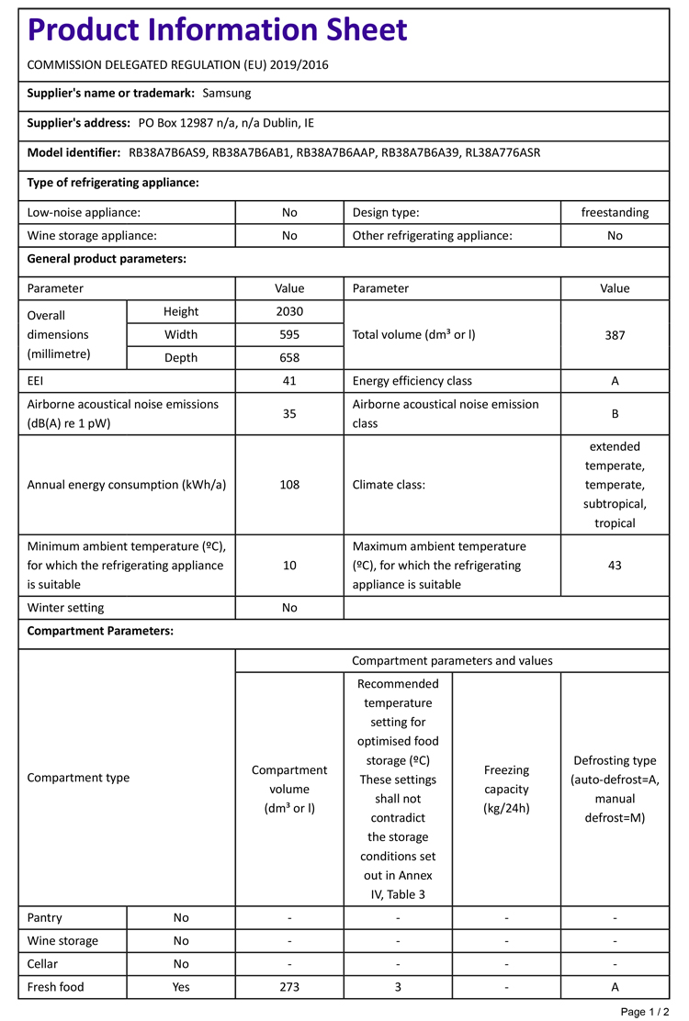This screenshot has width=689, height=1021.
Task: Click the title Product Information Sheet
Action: pos(217,30)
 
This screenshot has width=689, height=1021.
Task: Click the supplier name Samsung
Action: pos(226,93)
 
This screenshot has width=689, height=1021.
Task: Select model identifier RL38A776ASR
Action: pos(503,152)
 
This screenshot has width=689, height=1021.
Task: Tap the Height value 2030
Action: pos(289,311)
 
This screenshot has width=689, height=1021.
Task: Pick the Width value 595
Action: pos(289,334)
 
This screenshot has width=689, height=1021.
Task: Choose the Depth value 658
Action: pos(289,358)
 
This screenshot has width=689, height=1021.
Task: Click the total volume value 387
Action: pos(615,335)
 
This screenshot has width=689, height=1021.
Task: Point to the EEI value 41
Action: pos(289,381)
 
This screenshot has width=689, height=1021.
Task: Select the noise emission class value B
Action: pos(615,414)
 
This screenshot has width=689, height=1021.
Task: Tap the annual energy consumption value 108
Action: pos(289,485)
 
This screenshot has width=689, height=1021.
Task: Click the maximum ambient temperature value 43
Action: pos(615,566)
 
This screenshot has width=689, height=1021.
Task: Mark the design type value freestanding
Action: pos(615,212)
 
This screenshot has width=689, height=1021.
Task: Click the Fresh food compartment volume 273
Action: pos(289,987)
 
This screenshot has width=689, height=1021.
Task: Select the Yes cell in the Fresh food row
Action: pos(181,987)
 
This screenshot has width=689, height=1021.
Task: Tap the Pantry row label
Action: pos(45,917)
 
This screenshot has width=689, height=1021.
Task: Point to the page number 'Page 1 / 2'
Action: pos(645,1012)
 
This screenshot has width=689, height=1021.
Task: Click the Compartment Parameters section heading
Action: pos(100,631)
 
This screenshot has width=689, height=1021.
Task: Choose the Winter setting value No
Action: pos(289,607)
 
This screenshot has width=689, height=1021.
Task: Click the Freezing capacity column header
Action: pos(506,789)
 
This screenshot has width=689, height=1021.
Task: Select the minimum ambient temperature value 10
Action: pos(289,566)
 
